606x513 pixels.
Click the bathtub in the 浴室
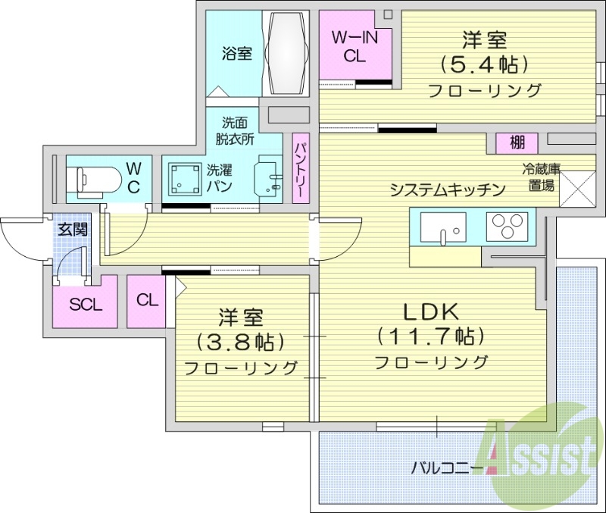point(286,52)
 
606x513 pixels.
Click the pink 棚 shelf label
point(517,142)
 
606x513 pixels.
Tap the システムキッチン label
point(447,190)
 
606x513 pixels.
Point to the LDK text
point(430,311)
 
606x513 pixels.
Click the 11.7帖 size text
point(430,335)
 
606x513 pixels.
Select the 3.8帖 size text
point(242,342)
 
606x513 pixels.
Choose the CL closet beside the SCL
point(148,300)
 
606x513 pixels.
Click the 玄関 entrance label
point(73,229)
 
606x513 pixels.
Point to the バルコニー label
point(447,467)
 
